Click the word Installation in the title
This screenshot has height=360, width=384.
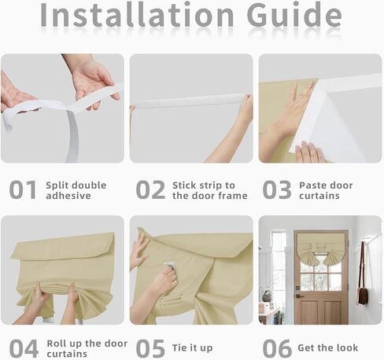pyautogui.click(x=137, y=15)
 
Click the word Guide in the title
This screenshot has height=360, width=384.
pyautogui.click(x=294, y=15)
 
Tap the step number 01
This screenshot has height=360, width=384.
pyautogui.click(x=23, y=189)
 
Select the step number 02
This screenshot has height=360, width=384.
pyautogui.click(x=150, y=189)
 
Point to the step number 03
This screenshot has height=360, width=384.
pyautogui.click(x=277, y=189)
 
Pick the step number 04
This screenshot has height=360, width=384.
pyautogui.click(x=24, y=348)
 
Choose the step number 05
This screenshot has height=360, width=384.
pyautogui.click(x=150, y=348)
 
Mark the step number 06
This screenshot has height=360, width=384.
pyautogui.click(x=277, y=348)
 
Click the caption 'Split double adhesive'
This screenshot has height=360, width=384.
pyautogui.click(x=76, y=190)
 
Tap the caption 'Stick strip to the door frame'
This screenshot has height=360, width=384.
pyautogui.click(x=210, y=190)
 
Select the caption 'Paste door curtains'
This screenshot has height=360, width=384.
pyautogui.click(x=326, y=190)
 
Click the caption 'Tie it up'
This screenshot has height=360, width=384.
pyautogui.click(x=192, y=348)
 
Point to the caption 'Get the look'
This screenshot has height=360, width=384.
pyautogui.click(x=328, y=347)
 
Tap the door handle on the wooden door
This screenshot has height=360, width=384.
pyautogui.click(x=299, y=296)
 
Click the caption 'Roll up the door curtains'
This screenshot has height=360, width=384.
pyautogui.click(x=87, y=348)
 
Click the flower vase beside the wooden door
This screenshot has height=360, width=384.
pyautogui.click(x=267, y=296)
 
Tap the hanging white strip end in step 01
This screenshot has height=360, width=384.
pyautogui.click(x=73, y=136)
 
